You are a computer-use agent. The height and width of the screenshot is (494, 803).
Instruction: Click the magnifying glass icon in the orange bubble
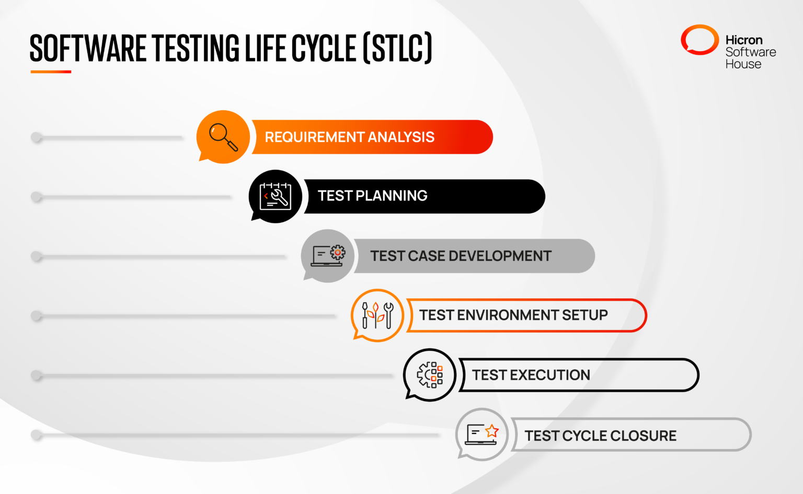(223, 137)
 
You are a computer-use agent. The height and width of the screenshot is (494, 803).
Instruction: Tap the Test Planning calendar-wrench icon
(276, 196)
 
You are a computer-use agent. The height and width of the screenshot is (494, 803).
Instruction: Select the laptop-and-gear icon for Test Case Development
(328, 255)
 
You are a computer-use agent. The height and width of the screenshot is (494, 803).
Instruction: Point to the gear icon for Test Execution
(430, 375)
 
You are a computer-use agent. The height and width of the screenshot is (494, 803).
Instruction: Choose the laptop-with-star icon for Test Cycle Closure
(482, 434)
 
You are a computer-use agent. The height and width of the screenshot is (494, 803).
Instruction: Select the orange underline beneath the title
(51, 72)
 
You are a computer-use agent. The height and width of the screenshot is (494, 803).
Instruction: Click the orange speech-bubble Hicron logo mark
(699, 40)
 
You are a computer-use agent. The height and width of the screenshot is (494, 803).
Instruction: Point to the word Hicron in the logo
(744, 40)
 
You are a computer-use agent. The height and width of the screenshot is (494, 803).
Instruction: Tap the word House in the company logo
(743, 64)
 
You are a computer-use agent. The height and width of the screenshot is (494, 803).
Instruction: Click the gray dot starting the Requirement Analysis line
(37, 137)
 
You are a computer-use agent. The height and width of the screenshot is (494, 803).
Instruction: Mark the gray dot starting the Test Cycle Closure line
(37, 434)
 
